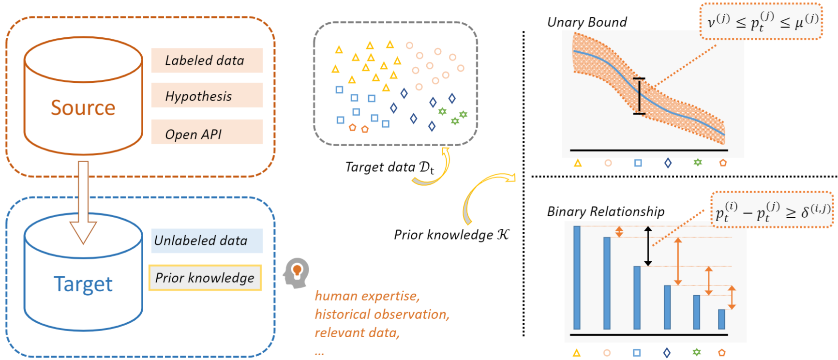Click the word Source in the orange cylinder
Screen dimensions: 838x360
[83, 107]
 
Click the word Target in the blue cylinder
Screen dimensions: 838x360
[83, 284]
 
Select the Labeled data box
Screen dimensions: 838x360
[207, 60]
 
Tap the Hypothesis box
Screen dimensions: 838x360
[207, 95]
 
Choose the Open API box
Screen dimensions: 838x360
[207, 132]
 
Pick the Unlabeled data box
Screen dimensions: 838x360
[207, 240]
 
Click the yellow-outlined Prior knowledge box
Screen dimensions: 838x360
[205, 278]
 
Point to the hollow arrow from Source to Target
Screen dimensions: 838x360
[83, 202]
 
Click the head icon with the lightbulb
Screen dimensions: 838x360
[296, 273]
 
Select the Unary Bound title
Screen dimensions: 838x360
[587, 22]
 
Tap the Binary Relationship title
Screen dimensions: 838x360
[606, 211]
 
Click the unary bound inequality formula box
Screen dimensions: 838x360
[761, 21]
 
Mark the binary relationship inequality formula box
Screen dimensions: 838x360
[772, 210]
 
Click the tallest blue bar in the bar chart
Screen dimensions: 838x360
[577, 278]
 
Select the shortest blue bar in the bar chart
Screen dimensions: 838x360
[721, 319]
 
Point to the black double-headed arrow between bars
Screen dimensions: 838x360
[648, 246]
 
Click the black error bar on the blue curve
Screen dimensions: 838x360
[639, 96]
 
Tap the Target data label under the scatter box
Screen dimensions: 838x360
[390, 167]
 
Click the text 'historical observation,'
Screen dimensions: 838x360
[382, 315]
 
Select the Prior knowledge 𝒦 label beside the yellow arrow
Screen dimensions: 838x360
[451, 235]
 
